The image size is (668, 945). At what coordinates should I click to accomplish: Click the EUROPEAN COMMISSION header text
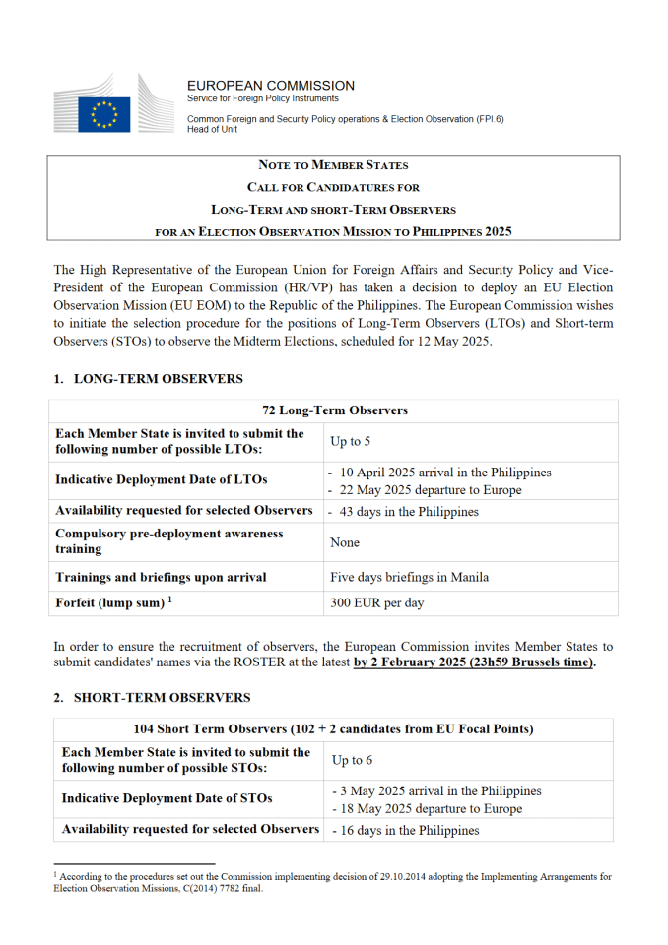click(271, 86)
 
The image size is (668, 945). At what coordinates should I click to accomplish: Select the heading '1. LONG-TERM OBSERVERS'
click(148, 379)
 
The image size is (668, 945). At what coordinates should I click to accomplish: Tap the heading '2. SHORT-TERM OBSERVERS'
click(152, 698)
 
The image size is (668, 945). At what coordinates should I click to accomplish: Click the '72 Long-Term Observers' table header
click(334, 410)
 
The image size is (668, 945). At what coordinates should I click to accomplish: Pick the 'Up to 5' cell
click(351, 442)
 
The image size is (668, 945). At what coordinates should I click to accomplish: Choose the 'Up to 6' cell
click(352, 761)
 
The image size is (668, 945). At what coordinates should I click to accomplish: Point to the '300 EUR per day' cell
click(376, 602)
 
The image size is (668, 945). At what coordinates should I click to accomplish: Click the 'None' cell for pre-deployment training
click(345, 542)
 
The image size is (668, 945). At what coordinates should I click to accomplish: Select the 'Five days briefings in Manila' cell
click(410, 577)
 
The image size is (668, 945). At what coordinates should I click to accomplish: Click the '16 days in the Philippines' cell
click(409, 830)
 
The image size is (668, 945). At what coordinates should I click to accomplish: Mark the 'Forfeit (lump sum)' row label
click(112, 601)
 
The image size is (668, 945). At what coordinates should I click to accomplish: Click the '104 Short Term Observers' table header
click(333, 729)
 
